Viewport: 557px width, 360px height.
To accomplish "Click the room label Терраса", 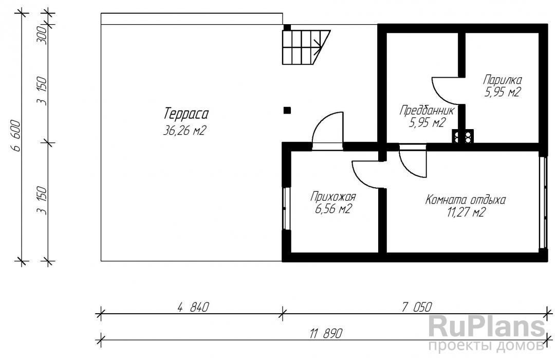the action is tap(186, 114).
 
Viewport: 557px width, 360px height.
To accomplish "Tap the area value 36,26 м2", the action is tap(184, 131).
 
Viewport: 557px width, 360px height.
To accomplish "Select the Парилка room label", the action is tap(503, 80).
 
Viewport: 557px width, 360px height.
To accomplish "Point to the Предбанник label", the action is tap(426, 110).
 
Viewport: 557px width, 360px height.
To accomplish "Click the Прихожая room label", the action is tap(333, 196).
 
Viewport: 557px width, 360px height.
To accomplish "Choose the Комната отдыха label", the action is tap(466, 200).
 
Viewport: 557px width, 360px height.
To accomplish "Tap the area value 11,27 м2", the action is tap(466, 212).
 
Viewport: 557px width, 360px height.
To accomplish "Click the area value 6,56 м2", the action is tap(333, 209).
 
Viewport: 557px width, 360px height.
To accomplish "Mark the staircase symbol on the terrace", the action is tap(306, 47).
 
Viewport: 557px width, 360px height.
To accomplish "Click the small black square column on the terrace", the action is tap(287, 111).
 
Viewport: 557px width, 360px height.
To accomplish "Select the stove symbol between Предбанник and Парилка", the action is tap(463, 136).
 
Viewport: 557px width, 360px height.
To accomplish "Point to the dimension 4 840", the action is tap(193, 307).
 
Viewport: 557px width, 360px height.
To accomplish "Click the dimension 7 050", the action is tap(417, 307).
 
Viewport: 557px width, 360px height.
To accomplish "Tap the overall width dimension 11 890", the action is tap(326, 333).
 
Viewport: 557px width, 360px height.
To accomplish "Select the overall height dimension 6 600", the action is tap(17, 136).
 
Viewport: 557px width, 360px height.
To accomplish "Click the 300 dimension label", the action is tap(42, 34).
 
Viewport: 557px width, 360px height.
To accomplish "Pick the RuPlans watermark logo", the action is tap(487, 332).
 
